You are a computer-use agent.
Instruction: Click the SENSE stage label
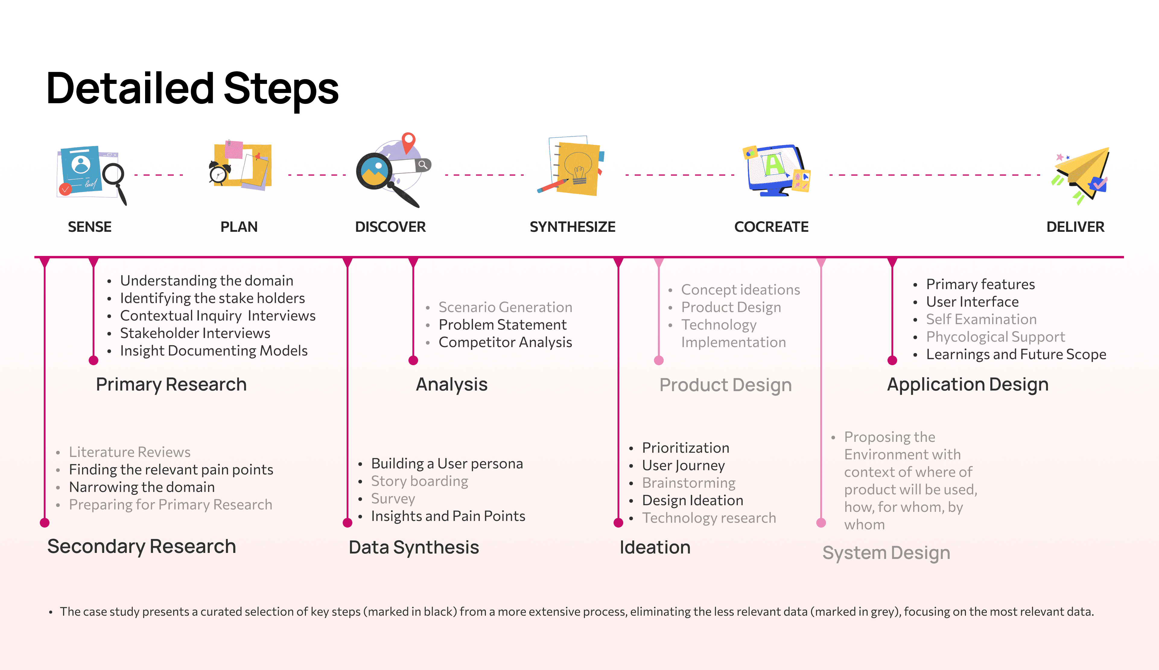click(90, 227)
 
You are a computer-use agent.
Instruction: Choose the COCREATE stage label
click(771, 227)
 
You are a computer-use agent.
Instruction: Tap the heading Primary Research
click(171, 384)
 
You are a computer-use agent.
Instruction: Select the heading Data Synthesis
click(414, 547)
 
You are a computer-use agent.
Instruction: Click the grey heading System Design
click(886, 553)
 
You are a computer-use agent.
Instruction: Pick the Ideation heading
click(655, 547)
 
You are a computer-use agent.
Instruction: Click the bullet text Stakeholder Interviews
click(195, 333)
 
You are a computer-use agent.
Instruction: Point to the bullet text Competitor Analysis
click(505, 342)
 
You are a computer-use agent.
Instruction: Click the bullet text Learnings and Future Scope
click(1016, 354)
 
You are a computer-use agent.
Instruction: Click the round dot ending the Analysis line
click(413, 360)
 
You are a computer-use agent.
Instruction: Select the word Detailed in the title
click(130, 88)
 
